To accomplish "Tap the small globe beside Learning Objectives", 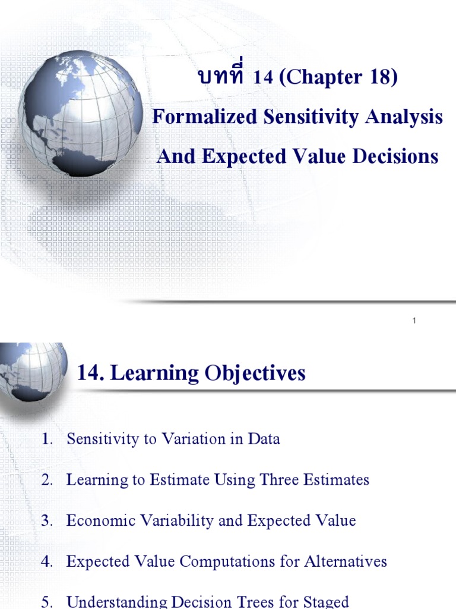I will point(30,372).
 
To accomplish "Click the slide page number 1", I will point(414,321).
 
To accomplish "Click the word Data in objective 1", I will point(264,440).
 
